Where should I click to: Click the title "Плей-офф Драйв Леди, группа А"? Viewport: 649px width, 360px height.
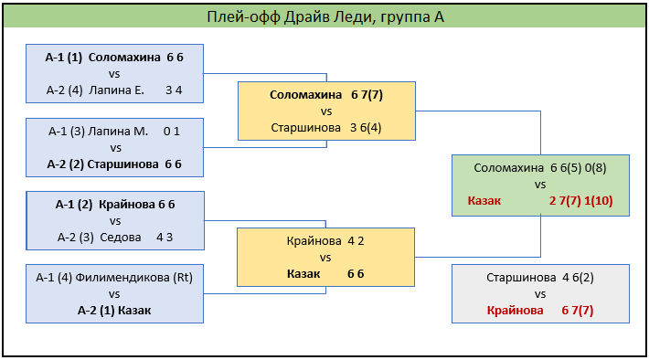[325, 17]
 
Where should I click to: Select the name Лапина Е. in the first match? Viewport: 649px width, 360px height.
[116, 90]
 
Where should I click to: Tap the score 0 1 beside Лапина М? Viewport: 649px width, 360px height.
[172, 132]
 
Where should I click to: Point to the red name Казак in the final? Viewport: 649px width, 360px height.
[484, 201]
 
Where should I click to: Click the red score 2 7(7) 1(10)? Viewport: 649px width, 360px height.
[581, 201]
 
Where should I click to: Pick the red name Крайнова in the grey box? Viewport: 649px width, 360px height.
[515, 311]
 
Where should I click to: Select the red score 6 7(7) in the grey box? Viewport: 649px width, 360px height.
[578, 311]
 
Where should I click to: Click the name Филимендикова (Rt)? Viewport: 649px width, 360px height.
[133, 277]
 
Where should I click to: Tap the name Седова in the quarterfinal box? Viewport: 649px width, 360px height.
[121, 238]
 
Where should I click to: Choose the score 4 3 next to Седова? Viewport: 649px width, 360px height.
[165, 238]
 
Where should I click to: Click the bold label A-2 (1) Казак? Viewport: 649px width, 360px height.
[114, 311]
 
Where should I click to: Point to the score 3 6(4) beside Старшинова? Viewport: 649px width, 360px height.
[366, 127]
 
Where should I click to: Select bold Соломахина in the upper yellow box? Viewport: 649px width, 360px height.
[306, 95]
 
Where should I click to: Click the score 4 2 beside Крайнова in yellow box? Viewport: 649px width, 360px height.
[356, 241]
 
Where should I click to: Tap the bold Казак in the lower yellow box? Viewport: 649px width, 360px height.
[303, 274]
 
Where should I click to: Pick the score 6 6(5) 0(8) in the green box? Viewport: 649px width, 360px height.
[579, 168]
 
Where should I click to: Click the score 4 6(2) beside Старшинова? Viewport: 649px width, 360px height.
[578, 277]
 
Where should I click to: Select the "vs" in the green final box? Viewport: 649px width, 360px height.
[540, 185]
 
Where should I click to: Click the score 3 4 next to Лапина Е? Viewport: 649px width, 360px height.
[174, 90]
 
